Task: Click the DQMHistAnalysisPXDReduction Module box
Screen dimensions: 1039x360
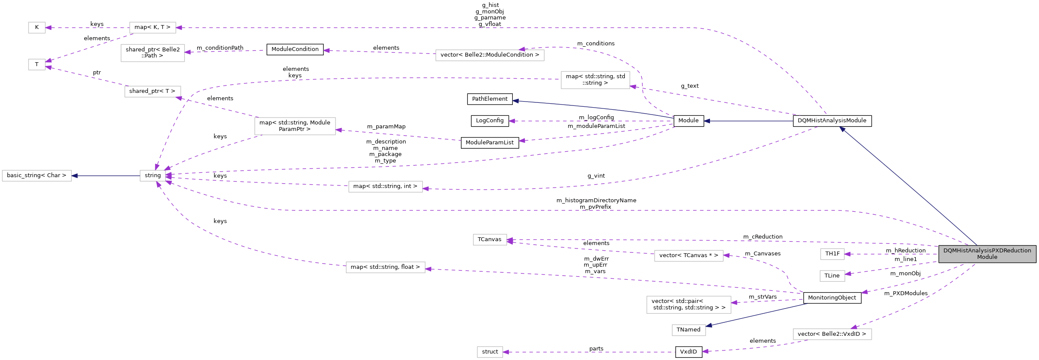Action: click(x=987, y=254)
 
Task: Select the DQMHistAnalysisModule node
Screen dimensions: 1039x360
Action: click(x=832, y=121)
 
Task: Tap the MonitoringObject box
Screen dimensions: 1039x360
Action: click(x=832, y=298)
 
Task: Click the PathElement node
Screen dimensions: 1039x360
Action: click(x=490, y=99)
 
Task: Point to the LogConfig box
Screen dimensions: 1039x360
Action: click(x=490, y=121)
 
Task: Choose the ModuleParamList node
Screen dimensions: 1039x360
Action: click(x=490, y=143)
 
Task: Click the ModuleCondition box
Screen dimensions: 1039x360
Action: click(x=295, y=49)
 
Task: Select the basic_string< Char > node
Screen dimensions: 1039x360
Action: click(x=37, y=175)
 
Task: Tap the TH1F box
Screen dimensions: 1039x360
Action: click(x=832, y=254)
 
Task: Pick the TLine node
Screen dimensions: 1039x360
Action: click(x=832, y=276)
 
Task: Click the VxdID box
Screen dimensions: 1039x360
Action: click(x=688, y=352)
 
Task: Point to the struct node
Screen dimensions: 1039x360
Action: click(x=490, y=352)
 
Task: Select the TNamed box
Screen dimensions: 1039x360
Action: click(x=688, y=330)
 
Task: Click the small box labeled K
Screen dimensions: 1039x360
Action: click(x=37, y=28)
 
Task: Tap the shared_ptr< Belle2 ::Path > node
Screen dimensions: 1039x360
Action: click(x=153, y=53)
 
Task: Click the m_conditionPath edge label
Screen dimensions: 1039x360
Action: click(x=220, y=48)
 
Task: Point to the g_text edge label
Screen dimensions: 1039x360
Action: click(x=690, y=86)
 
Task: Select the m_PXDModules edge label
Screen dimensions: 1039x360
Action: click(x=906, y=293)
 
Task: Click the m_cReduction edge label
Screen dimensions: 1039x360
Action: click(x=763, y=237)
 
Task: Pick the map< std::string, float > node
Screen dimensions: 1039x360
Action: click(x=385, y=268)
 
